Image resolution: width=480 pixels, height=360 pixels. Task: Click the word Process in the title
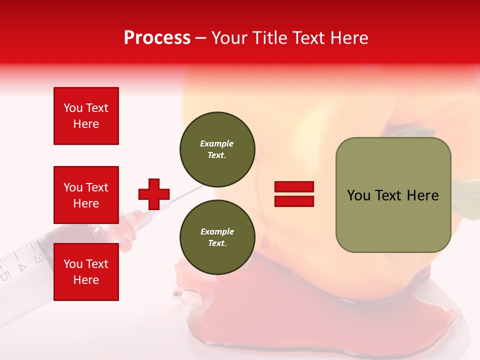coord(157,38)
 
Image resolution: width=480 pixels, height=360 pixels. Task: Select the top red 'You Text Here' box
coord(86,116)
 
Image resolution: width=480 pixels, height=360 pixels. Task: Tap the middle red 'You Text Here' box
coord(86,195)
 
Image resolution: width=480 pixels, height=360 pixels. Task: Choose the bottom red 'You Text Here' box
coord(86,272)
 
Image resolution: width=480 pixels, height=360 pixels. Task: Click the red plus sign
coord(154,194)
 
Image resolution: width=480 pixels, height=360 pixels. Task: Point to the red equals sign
coord(294,194)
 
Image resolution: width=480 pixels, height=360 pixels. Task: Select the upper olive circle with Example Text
coord(217,149)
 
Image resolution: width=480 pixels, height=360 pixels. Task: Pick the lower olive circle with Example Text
coord(217,237)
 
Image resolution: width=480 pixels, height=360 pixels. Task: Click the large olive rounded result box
coord(393,195)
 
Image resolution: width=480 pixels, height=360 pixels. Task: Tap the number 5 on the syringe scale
coord(5,275)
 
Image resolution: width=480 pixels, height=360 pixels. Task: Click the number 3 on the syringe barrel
coord(38,258)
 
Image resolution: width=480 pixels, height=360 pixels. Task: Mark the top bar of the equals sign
coord(294,187)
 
